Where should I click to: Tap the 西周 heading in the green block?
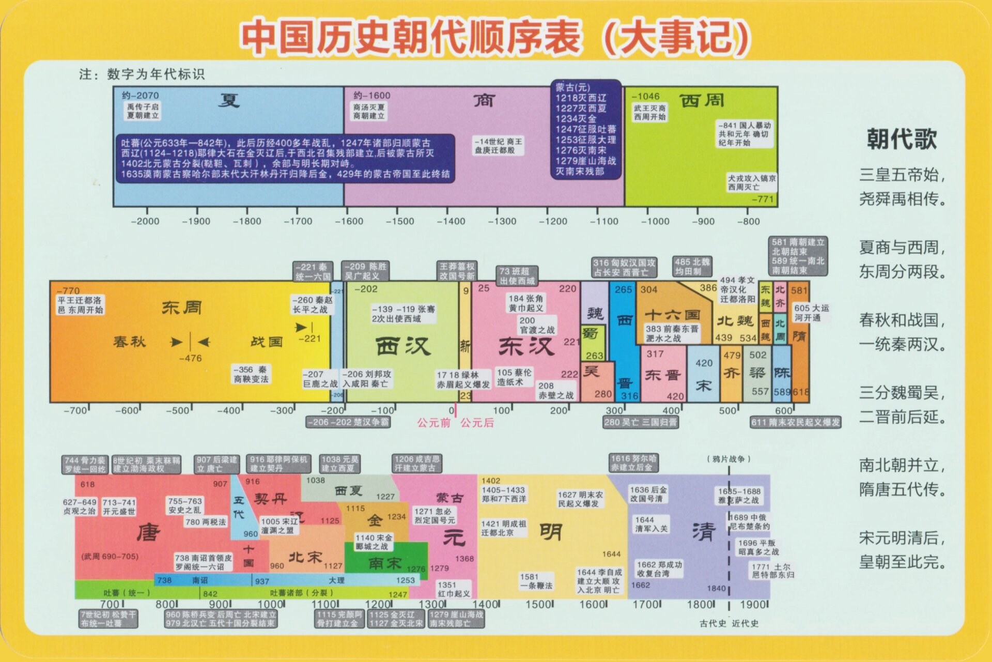701,100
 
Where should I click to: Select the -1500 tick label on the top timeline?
400,221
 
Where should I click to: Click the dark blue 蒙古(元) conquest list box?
586,129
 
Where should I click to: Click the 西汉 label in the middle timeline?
403,346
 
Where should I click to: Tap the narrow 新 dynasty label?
465,346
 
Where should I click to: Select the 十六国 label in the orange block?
672,315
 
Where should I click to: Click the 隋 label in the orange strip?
799,336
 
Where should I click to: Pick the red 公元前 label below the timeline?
434,423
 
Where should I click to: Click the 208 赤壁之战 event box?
555,390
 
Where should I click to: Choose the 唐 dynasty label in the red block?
149,532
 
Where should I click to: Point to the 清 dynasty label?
704,531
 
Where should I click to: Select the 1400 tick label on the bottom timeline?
485,604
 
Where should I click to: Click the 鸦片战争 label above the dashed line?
728,459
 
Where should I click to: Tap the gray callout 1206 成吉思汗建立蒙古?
417,463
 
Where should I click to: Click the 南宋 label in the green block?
385,563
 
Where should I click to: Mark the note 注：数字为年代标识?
142,74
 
